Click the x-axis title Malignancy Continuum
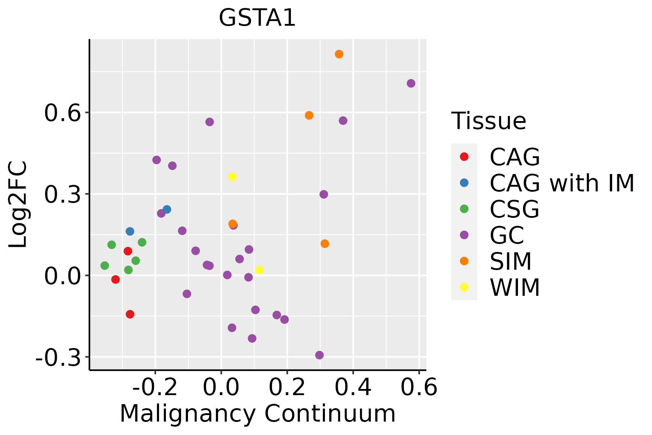coord(258,413)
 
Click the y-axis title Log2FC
coord(18,205)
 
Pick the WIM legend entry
coord(515,287)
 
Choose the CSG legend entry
coord(514,209)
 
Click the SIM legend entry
coord(510,261)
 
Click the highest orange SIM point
coord(339,54)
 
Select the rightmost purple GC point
coord(411,83)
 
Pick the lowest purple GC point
coord(319,355)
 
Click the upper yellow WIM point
coord(232,177)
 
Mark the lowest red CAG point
coord(130,314)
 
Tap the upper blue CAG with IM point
coord(167,209)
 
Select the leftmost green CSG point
coord(105,266)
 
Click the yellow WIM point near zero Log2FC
coord(259,270)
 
